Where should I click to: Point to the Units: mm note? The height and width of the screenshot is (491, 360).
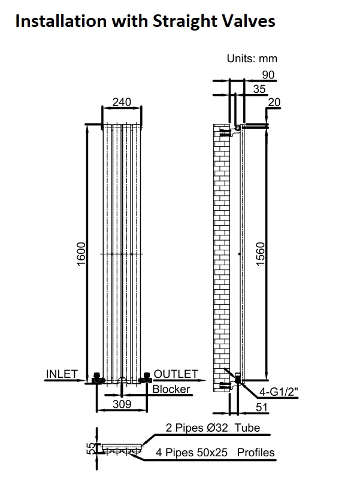click(252, 59)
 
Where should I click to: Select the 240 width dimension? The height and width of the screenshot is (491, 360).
click(122, 102)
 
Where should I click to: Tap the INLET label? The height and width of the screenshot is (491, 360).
click(62, 374)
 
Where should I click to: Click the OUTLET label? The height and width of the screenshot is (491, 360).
click(176, 374)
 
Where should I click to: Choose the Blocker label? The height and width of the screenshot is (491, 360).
click(171, 389)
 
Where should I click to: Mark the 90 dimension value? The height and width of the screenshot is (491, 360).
click(267, 74)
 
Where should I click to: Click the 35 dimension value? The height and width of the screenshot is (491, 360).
click(259, 89)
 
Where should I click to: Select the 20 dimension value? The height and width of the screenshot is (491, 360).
click(274, 102)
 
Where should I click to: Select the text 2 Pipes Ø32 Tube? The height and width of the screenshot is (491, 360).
click(213, 428)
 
